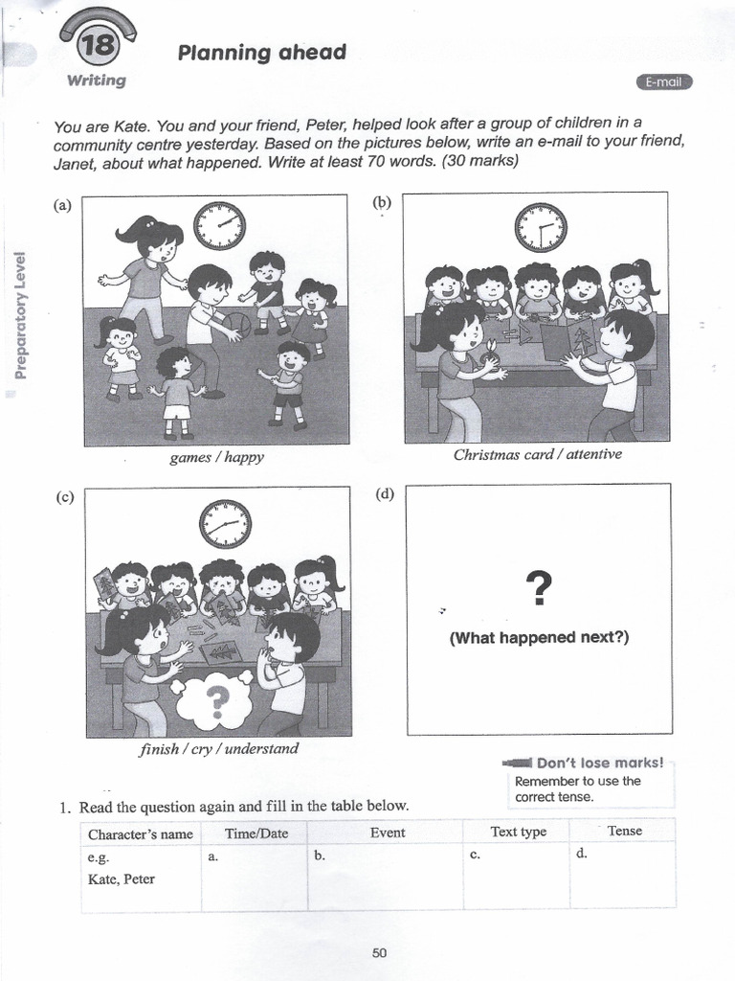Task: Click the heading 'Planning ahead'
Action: tap(261, 53)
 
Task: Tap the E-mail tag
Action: tap(663, 82)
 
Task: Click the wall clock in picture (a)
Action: tap(219, 226)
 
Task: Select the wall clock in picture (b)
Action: tap(541, 227)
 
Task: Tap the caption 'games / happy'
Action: tap(216, 458)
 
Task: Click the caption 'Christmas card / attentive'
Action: tap(537, 454)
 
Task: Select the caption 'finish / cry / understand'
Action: tap(218, 748)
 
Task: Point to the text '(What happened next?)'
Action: tap(539, 637)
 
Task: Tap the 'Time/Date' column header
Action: tap(256, 833)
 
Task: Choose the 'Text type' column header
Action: tap(518, 832)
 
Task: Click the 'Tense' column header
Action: tap(624, 831)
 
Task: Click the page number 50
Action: tap(379, 952)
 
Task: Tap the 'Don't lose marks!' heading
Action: tap(599, 763)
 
